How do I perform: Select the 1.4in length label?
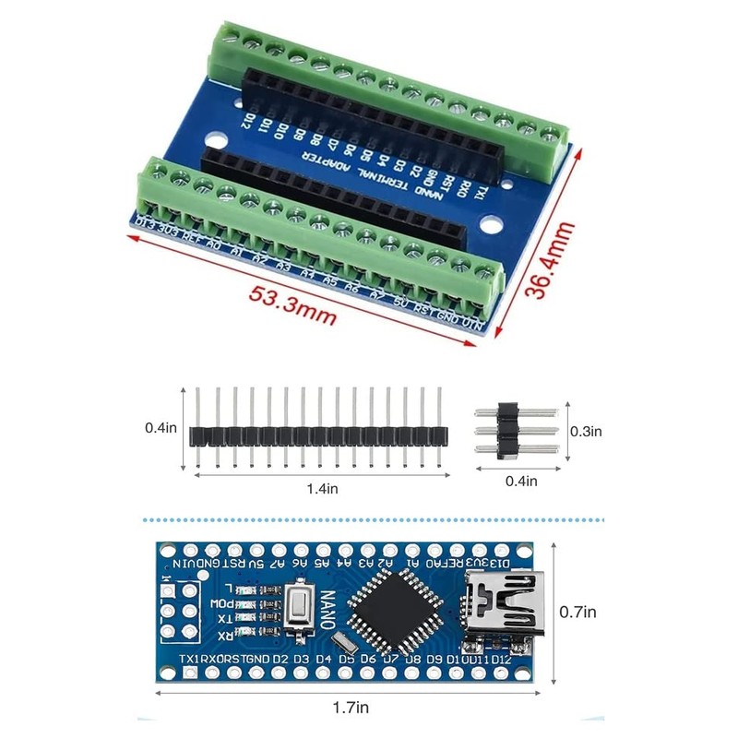click(318, 488)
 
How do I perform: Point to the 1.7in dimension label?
click(350, 708)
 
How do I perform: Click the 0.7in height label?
click(578, 611)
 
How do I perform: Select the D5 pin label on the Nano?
click(346, 660)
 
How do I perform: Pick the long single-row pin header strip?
click(318, 434)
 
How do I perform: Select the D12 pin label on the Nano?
click(501, 660)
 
